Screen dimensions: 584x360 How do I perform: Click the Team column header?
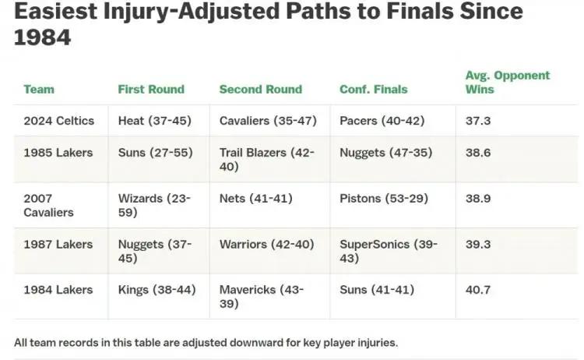tap(39, 90)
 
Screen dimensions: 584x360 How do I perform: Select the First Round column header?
tap(151, 90)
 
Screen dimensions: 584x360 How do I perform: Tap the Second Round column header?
tap(261, 90)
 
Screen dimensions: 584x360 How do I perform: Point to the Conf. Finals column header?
tap(374, 90)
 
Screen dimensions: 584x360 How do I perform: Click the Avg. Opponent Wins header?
tap(508, 83)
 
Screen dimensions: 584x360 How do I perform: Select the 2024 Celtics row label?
tap(59, 121)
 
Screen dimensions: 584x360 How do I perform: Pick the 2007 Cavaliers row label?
tap(49, 206)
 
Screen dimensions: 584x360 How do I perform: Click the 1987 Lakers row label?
tap(58, 245)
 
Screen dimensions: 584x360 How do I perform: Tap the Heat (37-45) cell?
tap(155, 121)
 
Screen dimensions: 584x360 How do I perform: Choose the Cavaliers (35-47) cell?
tap(268, 121)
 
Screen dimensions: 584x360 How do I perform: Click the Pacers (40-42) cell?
tap(382, 121)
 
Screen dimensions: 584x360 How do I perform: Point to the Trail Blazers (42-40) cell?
tap(267, 160)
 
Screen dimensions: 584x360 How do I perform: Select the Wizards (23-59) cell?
tap(154, 206)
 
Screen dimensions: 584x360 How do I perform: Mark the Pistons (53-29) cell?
tap(384, 198)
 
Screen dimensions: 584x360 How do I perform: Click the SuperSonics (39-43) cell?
tap(389, 251)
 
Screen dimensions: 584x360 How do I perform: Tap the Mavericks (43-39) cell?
tap(262, 297)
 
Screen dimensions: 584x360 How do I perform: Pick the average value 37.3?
tap(478, 121)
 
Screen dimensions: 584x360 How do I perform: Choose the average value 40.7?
tap(478, 290)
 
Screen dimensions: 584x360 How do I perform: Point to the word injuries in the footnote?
tap(378, 343)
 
